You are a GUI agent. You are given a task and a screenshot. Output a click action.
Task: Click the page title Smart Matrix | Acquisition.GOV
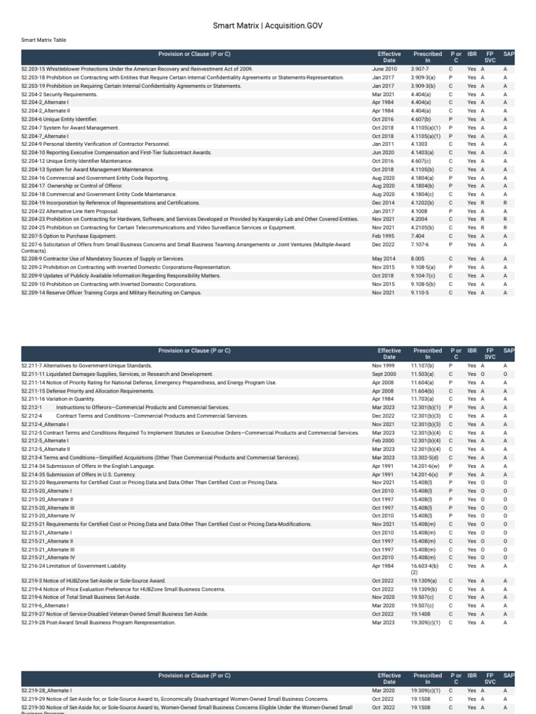pos(268,26)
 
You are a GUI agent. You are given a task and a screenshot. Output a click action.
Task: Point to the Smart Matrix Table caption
pos(44,40)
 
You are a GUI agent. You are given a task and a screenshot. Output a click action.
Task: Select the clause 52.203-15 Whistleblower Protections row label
pos(137,70)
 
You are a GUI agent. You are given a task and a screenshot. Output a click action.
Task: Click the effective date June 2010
pos(384,70)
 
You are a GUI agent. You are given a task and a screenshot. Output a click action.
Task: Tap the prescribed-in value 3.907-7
pos(419,70)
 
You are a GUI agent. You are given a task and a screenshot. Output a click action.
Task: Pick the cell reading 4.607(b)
pos(421,120)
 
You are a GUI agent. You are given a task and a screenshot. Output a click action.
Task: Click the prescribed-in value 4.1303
pos(419,144)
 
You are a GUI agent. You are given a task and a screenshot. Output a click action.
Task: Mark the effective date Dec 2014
pos(383,203)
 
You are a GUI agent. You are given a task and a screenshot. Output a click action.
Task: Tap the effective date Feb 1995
pos(383,236)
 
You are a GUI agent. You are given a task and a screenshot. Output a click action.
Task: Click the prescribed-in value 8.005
pos(418,259)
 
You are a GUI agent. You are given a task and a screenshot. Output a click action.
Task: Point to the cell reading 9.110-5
pos(420,293)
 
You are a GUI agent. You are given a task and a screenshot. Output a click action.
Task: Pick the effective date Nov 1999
pos(383,366)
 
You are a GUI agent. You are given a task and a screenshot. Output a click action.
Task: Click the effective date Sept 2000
pos(384,374)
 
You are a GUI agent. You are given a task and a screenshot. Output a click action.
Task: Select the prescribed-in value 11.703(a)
pos(423,399)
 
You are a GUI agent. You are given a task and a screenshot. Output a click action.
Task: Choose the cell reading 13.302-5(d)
pos(425,457)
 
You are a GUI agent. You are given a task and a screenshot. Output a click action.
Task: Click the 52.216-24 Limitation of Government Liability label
pos(74,566)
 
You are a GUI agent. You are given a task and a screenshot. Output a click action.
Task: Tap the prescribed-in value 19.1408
pos(422,614)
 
